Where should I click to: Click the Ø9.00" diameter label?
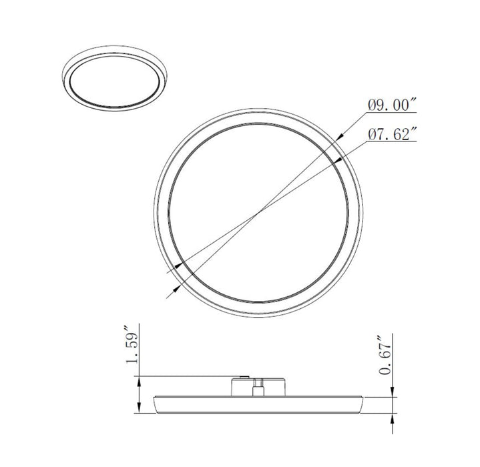click(392, 105)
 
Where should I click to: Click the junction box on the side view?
click(259, 387)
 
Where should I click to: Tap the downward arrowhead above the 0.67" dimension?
click(392, 392)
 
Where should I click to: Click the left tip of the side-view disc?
click(154, 400)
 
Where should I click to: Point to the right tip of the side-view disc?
click(363, 400)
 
